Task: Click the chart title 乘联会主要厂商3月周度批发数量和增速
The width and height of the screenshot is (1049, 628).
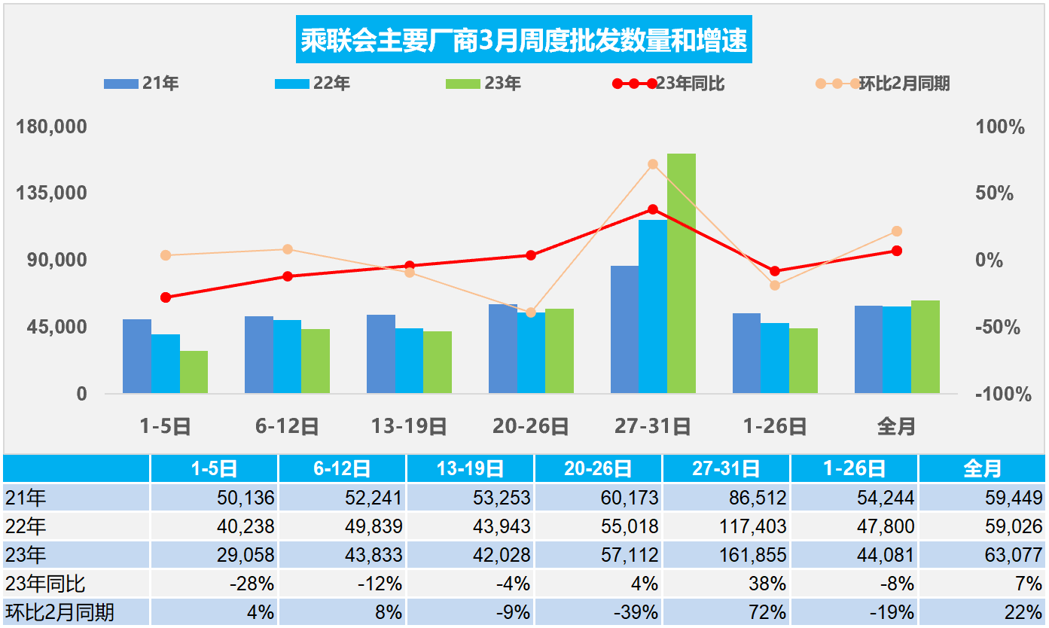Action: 524,41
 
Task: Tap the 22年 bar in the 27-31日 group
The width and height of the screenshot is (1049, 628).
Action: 652,306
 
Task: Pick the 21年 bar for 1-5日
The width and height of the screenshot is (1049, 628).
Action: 136,356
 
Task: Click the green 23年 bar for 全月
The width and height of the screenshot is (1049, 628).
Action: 925,347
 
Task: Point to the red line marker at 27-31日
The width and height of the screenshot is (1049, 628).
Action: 653,209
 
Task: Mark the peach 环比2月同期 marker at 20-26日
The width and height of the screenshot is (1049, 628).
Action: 531,312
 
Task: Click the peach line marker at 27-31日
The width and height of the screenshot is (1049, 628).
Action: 653,164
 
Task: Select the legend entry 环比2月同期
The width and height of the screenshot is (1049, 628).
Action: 904,84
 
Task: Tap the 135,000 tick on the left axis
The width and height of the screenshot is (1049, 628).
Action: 52,193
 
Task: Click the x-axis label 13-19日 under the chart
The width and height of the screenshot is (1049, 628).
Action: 409,427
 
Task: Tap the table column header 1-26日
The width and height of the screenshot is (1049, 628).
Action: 854,469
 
